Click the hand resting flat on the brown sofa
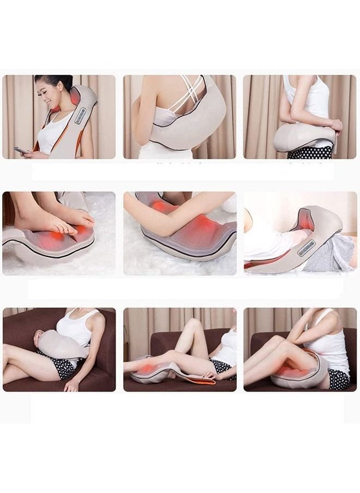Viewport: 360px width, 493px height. point(71,384)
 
